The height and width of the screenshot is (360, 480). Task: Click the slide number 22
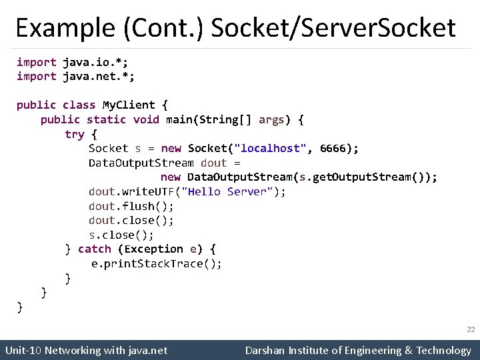470,329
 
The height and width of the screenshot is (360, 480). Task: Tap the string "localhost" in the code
275,148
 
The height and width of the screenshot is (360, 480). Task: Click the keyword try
74,134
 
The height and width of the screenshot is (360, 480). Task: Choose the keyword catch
95,249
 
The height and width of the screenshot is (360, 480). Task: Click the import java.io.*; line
72,62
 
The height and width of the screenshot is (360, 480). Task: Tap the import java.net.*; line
75,76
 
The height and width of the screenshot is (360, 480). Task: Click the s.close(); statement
121,235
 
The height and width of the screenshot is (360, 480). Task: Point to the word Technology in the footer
443,350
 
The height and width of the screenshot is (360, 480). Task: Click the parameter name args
271,119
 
